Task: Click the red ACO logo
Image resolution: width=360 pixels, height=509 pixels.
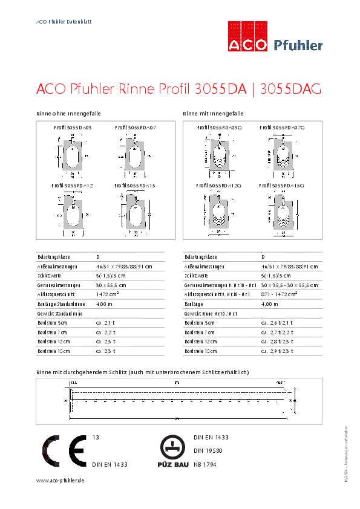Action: tap(247, 37)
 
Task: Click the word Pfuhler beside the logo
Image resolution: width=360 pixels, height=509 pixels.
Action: tap(298, 45)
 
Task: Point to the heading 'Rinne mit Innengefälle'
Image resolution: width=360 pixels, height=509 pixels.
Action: tap(213, 114)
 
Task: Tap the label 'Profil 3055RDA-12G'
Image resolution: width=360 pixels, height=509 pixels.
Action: tap(219, 186)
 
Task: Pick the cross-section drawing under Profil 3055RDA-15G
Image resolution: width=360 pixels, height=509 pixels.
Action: tap(280, 213)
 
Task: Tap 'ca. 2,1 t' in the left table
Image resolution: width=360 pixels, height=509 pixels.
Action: tap(105, 323)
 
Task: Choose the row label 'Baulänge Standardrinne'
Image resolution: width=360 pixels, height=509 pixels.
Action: tap(61, 303)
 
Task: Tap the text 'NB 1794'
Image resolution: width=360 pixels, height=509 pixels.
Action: tap(205, 464)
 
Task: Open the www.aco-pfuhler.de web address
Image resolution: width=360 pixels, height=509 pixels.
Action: tap(60, 480)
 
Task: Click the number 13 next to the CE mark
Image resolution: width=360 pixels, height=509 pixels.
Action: tap(95, 436)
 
